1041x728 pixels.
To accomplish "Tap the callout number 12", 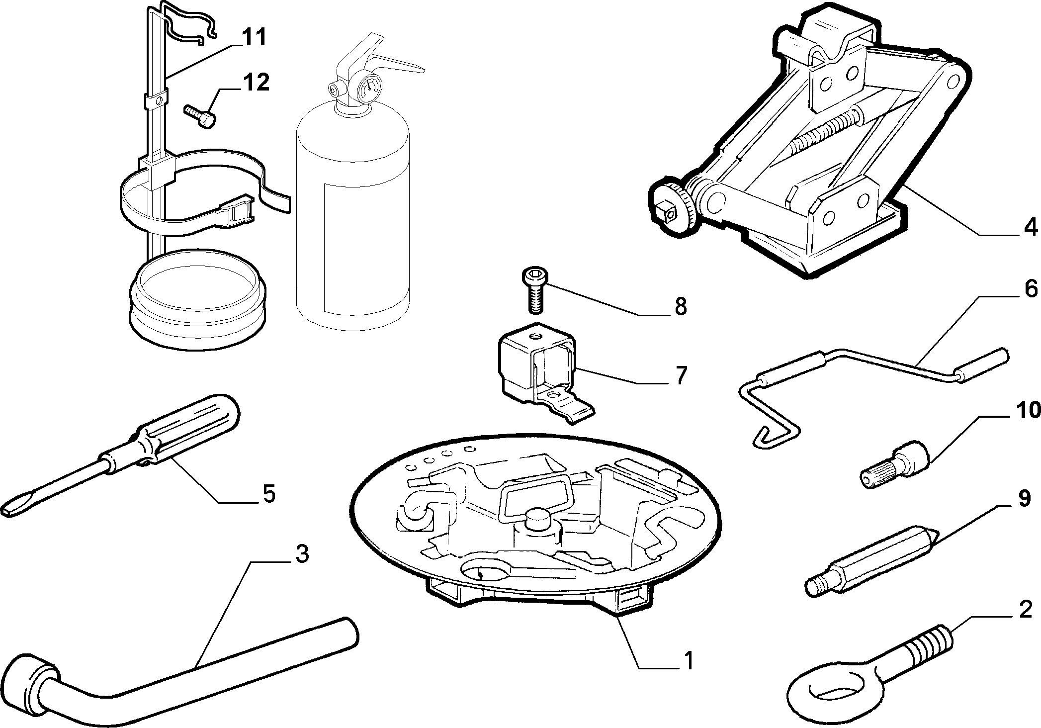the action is (x=255, y=83).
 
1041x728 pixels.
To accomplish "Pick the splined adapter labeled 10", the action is (x=895, y=466).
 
